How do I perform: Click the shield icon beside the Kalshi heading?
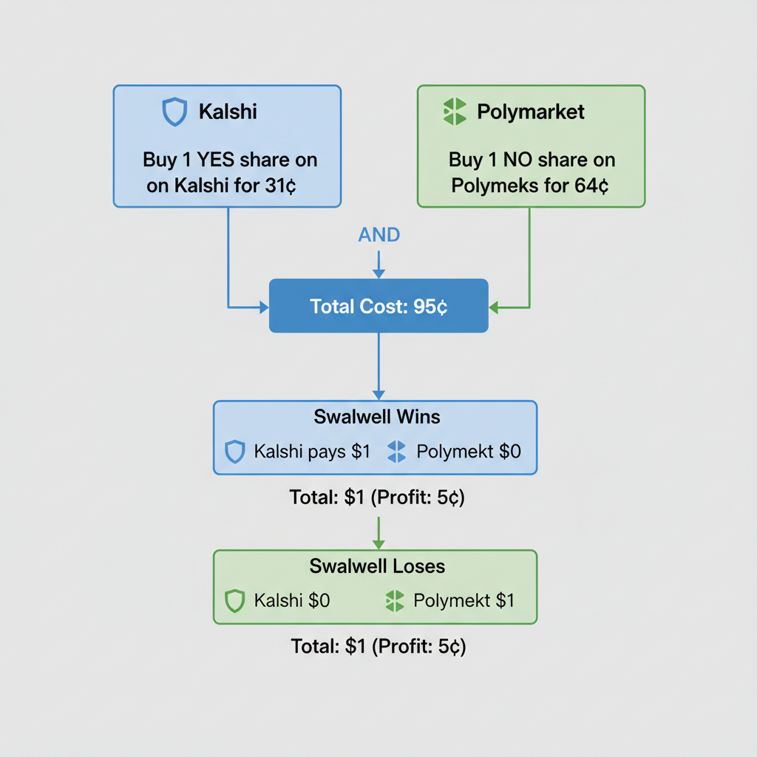(174, 112)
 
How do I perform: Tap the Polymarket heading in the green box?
(530, 112)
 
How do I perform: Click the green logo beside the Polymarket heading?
(454, 112)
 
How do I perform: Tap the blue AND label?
(378, 235)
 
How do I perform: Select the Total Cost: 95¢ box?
(378, 306)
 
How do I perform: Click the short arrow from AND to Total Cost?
(378, 264)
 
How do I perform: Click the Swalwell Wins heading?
(376, 417)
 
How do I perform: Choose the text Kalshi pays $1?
(311, 452)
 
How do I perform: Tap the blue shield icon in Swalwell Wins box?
(234, 452)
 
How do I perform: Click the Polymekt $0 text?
(468, 452)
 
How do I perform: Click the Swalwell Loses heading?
(376, 566)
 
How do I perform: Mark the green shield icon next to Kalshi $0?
(234, 601)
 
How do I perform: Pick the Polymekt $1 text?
(464, 601)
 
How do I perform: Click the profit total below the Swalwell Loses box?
(378, 647)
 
